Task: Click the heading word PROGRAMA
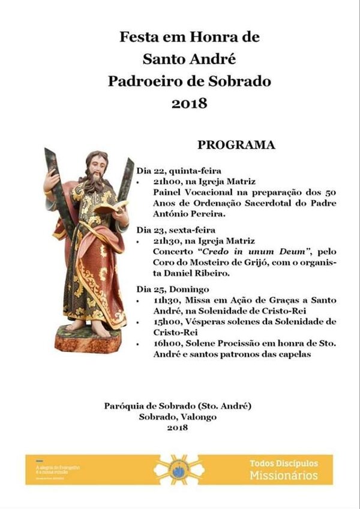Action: [236, 144]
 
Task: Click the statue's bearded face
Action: [97, 167]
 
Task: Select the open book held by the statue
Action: [112, 208]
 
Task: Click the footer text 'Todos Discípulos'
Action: [283, 463]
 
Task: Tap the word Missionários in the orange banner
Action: [284, 475]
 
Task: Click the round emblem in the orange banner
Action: [179, 469]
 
